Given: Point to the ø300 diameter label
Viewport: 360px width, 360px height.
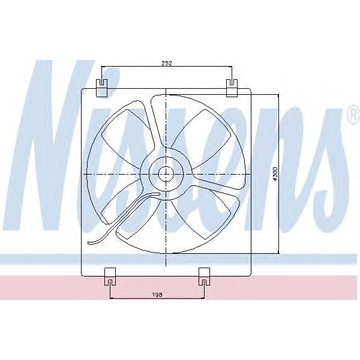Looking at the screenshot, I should [x=274, y=173].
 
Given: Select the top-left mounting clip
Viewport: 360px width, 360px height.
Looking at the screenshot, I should [x=102, y=87].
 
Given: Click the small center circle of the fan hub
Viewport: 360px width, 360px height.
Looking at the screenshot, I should [x=166, y=174].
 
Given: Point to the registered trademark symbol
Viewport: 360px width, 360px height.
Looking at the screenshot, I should [x=350, y=114].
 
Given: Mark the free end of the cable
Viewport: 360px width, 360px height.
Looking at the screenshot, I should [x=90, y=243].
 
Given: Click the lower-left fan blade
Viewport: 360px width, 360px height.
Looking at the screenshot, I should [x=129, y=210].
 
